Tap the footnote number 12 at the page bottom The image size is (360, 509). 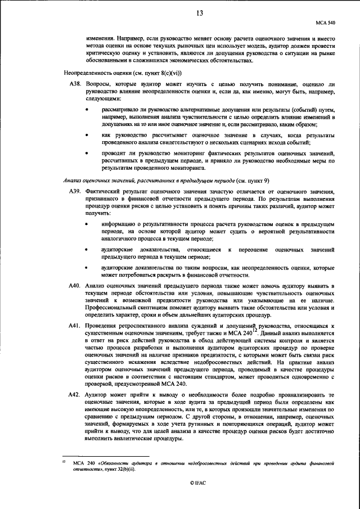64,462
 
